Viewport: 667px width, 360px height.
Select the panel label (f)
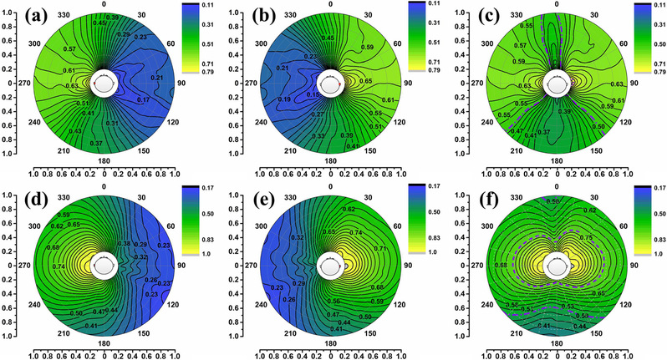(498, 198)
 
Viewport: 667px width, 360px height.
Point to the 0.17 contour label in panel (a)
(142, 100)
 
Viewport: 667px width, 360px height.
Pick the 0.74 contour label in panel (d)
(59, 266)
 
